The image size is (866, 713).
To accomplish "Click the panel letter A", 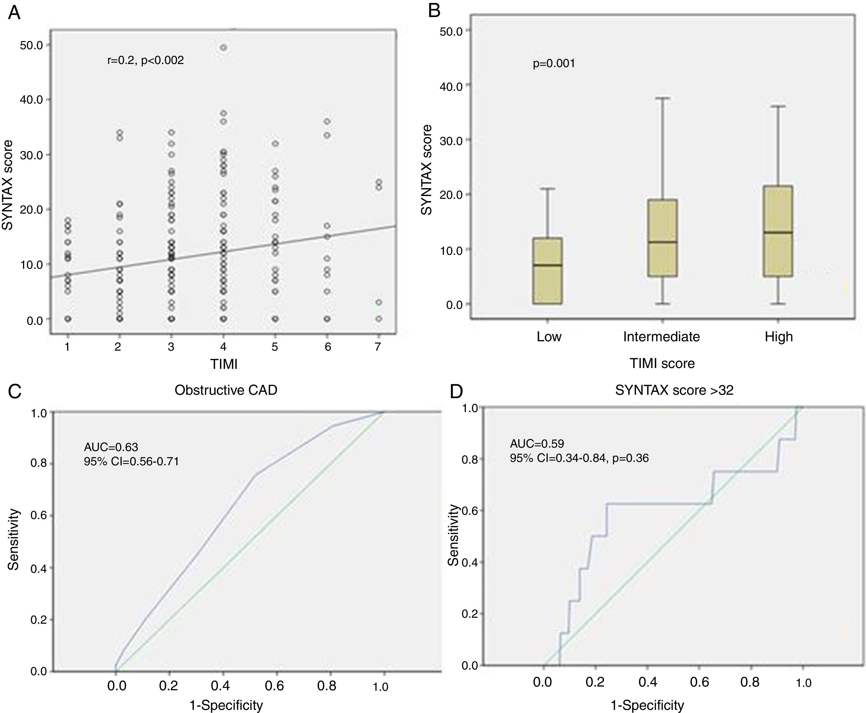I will (15, 13).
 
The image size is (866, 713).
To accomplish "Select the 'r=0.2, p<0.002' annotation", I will (145, 60).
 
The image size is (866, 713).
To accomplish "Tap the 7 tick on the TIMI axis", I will (378, 347).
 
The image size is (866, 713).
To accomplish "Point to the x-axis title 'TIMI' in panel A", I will (224, 364).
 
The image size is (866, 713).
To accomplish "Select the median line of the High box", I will (778, 232).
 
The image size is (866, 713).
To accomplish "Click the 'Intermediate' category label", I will (661, 337).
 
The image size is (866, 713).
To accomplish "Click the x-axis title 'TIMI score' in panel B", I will (662, 363).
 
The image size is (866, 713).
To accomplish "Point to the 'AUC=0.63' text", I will (111, 447).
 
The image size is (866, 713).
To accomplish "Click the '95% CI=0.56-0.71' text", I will (131, 461).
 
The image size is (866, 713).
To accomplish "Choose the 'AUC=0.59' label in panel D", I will (537, 444).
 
